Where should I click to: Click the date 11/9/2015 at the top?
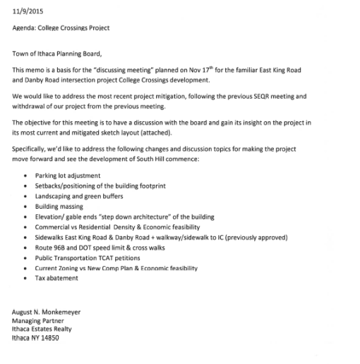28,9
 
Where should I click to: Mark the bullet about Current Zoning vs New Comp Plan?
116,269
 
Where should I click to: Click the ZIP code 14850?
48,337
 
